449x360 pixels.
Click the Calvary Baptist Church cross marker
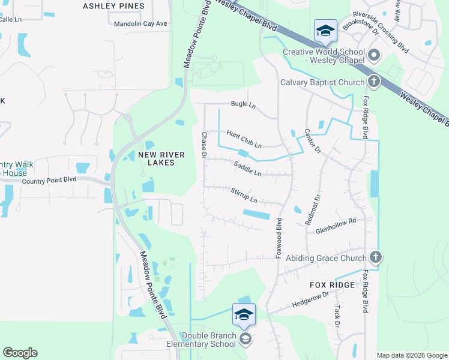pos(373,82)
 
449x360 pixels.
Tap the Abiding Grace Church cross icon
pos(376,257)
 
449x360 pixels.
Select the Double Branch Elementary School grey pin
pos(245,340)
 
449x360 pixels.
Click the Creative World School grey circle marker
pos(374,56)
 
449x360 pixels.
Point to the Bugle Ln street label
pos(244,105)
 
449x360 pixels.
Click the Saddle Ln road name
pos(247,169)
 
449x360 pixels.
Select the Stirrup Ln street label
pos(244,194)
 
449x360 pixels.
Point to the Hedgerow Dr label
pos(310,299)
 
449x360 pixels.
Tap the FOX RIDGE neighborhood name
pos(332,285)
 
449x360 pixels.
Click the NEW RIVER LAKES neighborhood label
pos(157,158)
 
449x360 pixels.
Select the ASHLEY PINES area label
pos(113,6)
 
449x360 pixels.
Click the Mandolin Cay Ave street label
pos(140,24)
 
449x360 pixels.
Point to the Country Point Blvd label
pos(49,180)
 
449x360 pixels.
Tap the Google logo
pos(20,353)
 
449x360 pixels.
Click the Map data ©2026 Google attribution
pos(412,355)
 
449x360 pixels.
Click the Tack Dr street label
pos(337,315)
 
